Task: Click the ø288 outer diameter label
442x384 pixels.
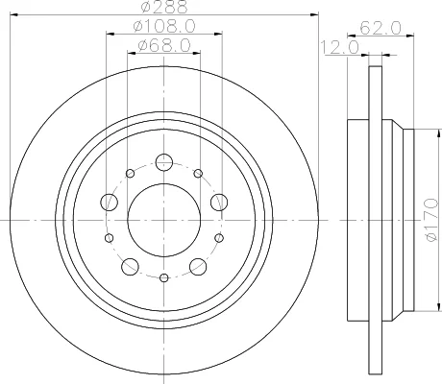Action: pyautogui.click(x=164, y=7)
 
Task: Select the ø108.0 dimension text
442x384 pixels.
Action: pyautogui.click(x=164, y=26)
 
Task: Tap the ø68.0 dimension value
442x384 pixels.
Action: pyautogui.click(x=164, y=45)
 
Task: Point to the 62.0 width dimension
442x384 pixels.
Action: pyautogui.click(x=381, y=28)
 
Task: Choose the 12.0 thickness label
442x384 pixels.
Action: pyautogui.click(x=340, y=47)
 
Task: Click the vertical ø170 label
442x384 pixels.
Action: pyautogui.click(x=432, y=220)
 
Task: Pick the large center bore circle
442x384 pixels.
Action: pyautogui.click(x=164, y=183)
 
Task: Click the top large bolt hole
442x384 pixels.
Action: pyautogui.click(x=164, y=162)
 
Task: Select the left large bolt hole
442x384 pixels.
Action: pyautogui.click(x=110, y=203)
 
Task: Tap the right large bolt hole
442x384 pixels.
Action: pyautogui.click(x=219, y=203)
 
